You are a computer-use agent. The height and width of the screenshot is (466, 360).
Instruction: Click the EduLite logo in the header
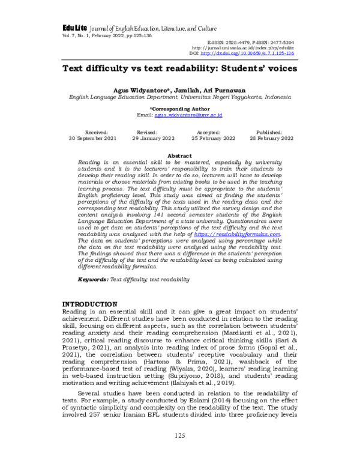click(x=74, y=29)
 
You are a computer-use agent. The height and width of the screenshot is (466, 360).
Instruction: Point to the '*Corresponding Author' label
click(x=180, y=108)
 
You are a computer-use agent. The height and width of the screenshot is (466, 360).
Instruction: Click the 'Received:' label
click(x=97, y=131)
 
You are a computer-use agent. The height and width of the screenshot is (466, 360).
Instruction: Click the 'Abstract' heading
click(x=179, y=156)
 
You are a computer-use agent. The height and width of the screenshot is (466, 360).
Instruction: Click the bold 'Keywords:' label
click(x=95, y=279)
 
